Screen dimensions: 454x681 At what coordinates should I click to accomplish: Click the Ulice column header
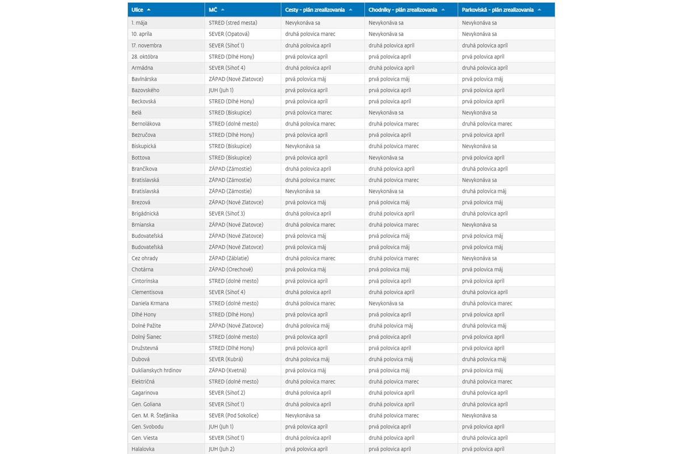[137, 10]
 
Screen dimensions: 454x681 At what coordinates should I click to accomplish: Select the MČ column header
[213, 10]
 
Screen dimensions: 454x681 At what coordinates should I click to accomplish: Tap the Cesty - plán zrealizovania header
[315, 10]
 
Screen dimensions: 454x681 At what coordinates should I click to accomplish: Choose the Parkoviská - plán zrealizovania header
[498, 10]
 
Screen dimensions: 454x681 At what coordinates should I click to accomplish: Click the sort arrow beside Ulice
[149, 10]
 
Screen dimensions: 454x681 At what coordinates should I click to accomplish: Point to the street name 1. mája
[140, 23]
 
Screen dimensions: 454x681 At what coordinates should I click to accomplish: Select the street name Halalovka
[142, 449]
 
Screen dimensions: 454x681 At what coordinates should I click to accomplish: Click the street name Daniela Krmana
[150, 303]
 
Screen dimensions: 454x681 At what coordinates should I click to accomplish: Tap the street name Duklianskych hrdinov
[157, 371]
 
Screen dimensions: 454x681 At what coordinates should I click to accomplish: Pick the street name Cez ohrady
[145, 258]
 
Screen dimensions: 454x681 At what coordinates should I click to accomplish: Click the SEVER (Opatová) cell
[229, 34]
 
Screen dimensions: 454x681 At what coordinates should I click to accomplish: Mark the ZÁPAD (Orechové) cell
[231, 270]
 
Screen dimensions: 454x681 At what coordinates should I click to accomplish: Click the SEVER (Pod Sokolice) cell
[233, 415]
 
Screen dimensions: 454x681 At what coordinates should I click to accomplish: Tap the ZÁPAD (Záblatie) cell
[229, 258]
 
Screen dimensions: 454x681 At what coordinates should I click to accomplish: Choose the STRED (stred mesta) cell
[233, 23]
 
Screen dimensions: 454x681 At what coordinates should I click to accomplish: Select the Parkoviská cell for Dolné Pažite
[483, 326]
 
